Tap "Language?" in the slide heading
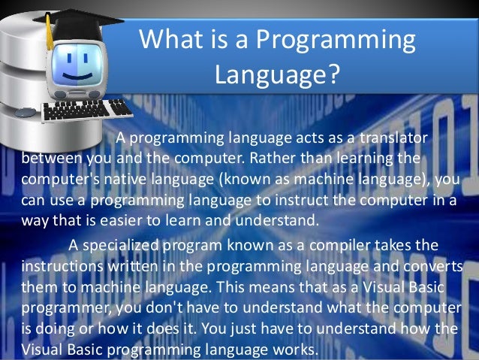[x=277, y=74]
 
